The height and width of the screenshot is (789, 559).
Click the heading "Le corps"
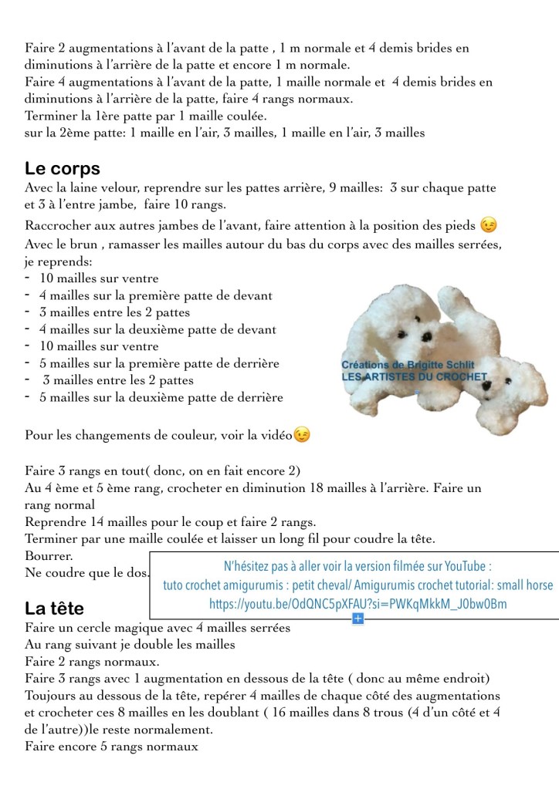click(x=63, y=168)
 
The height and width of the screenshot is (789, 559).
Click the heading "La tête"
click(x=54, y=608)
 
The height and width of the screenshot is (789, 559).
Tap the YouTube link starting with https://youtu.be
click(x=358, y=603)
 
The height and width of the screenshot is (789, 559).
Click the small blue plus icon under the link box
click(x=357, y=619)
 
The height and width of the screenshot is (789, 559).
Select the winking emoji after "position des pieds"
click(x=488, y=225)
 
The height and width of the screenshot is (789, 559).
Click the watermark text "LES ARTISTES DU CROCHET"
click(x=415, y=376)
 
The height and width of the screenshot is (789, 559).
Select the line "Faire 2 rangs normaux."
click(x=92, y=662)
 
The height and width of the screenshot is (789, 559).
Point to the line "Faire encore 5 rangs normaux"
click(x=111, y=747)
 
